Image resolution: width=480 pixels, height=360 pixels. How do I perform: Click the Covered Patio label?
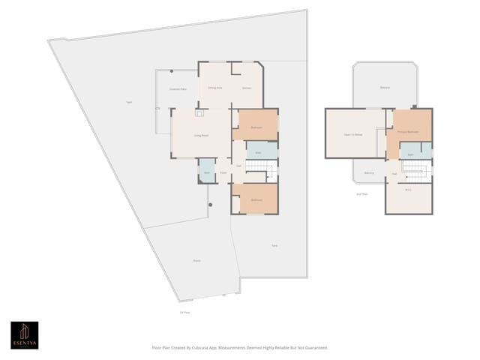tap(178, 89)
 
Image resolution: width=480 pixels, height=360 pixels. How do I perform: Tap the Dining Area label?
tap(214, 88)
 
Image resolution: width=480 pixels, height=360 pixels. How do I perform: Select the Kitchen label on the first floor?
tap(247, 88)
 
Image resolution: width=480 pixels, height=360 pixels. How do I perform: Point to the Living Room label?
tap(201, 135)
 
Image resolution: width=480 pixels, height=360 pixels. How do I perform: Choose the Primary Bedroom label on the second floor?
tap(407, 131)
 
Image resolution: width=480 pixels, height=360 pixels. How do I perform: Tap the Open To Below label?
tap(353, 135)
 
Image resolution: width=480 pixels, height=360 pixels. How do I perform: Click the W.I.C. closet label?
tap(409, 190)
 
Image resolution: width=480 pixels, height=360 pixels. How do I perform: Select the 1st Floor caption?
tap(184, 313)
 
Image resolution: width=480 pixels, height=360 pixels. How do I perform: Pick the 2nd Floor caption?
tap(361, 193)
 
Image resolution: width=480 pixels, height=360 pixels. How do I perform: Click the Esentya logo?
tap(24, 334)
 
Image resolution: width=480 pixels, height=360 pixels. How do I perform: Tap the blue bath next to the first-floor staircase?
tap(259, 151)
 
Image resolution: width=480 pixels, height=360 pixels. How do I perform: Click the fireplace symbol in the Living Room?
tap(199, 113)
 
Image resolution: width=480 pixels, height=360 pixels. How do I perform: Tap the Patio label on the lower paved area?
tap(196, 260)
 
